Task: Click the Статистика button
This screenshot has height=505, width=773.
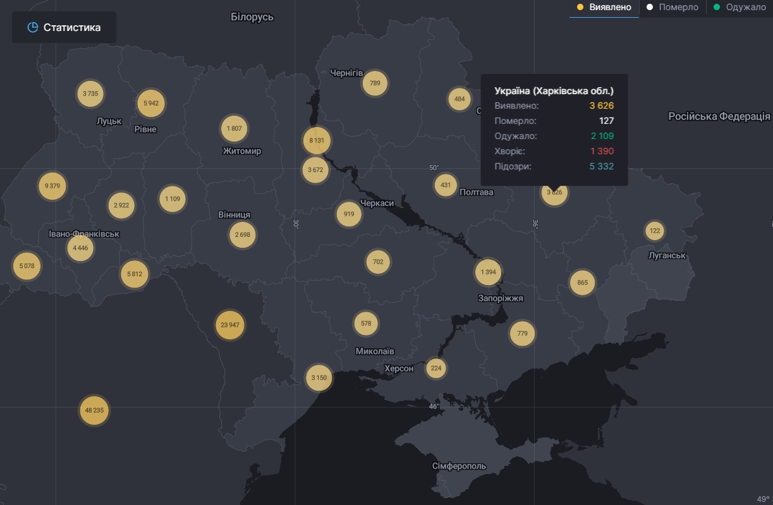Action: [64, 27]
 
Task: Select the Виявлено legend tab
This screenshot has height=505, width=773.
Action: [604, 8]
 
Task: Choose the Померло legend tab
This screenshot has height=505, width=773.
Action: [673, 8]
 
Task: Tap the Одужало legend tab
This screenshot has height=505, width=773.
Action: [740, 8]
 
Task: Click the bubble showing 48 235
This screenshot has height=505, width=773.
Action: [94, 410]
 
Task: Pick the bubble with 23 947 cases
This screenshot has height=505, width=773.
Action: [229, 326]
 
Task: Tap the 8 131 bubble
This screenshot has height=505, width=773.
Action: [317, 140]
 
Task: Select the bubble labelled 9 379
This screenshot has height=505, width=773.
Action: [52, 186]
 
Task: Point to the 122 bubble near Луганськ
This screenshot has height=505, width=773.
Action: [655, 231]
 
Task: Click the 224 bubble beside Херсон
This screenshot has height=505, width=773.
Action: [435, 368]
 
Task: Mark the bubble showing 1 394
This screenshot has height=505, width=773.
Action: [488, 272]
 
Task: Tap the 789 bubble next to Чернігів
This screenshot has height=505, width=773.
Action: [375, 83]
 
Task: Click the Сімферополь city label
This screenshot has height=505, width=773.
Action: [460, 466]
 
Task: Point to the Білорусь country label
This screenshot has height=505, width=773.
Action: [252, 17]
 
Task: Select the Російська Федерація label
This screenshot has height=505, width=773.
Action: [720, 116]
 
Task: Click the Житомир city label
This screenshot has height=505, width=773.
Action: [242, 151]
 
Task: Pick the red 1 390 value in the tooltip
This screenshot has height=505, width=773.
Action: [602, 151]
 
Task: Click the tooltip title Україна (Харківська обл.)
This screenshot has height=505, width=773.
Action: [554, 91]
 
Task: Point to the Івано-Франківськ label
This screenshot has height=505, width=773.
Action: [84, 234]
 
